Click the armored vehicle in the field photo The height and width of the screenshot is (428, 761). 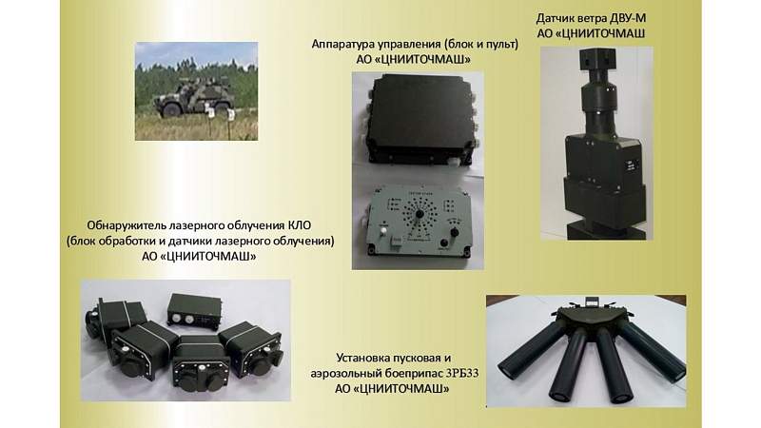(195, 96)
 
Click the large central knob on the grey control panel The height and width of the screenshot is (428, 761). (420, 214)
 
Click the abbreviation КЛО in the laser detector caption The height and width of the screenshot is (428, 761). (300, 225)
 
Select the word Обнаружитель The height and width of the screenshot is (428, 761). (127, 225)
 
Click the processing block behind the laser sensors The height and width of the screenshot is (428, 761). (195, 311)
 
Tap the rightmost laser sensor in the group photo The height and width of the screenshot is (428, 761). (251, 349)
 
